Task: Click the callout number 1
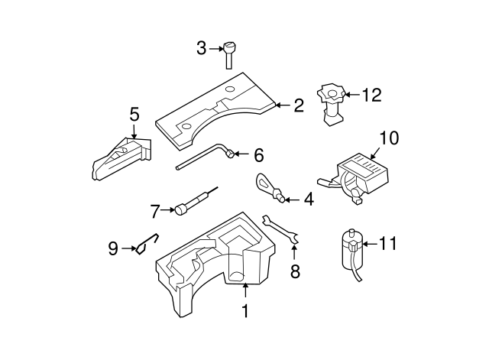click(x=245, y=312)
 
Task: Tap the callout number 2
click(x=298, y=105)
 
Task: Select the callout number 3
click(x=202, y=48)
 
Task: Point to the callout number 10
click(x=388, y=138)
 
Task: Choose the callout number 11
click(x=389, y=244)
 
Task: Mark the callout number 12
click(x=371, y=96)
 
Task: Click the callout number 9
click(x=112, y=248)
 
